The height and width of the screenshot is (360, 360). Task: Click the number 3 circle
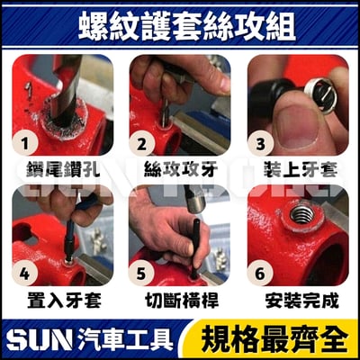coord(260,144)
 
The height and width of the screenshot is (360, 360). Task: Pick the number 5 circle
coord(140,274)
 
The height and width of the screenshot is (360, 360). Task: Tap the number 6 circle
coord(260,274)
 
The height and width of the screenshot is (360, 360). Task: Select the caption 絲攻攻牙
coord(179,168)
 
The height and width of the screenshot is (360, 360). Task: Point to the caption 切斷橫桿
coord(179,298)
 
